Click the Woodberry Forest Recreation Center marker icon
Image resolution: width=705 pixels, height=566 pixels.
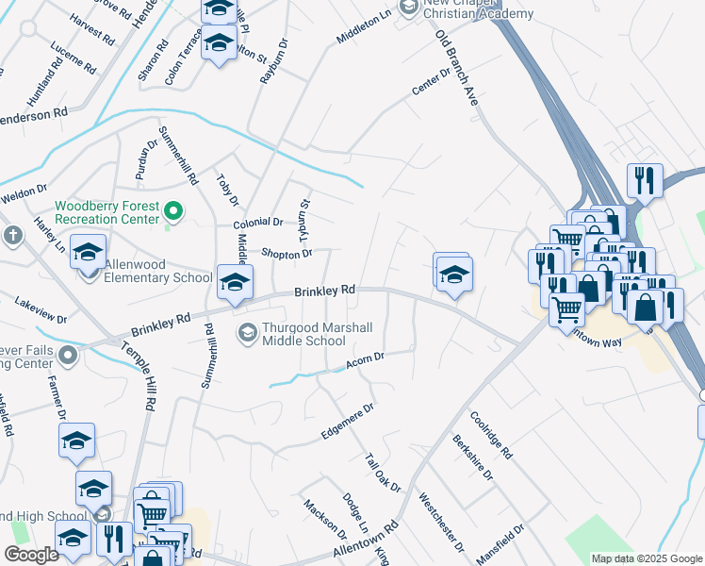tap(173, 211)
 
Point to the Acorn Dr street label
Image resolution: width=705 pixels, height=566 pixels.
tap(367, 359)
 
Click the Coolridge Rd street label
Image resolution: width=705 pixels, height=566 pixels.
tap(490, 434)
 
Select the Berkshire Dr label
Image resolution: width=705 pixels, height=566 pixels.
tap(472, 458)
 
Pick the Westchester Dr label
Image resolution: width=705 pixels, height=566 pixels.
tap(441, 522)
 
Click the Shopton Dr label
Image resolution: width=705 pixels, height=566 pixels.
tap(287, 254)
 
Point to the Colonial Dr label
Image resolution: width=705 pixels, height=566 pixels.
tap(258, 223)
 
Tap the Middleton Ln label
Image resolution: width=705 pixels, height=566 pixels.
tap(363, 34)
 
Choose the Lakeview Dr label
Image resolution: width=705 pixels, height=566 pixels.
tap(41, 311)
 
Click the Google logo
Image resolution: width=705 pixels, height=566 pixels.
tap(31, 555)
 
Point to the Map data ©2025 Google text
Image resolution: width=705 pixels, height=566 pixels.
tap(646, 558)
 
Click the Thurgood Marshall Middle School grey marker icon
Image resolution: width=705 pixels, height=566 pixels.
tap(248, 331)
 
